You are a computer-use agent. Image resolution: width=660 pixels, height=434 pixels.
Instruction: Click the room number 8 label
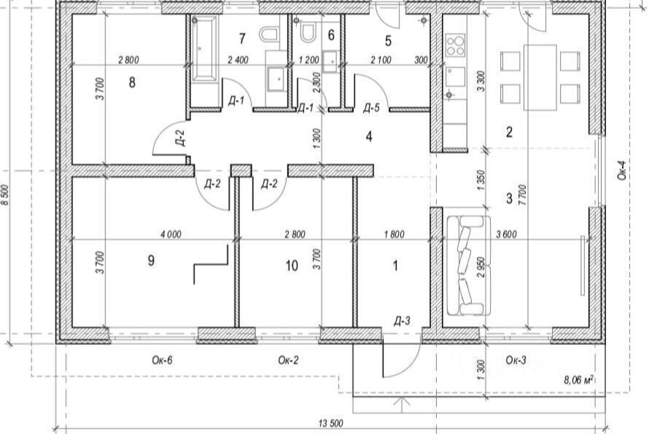click(132, 82)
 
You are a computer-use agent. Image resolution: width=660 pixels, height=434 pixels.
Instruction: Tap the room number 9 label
click(151, 261)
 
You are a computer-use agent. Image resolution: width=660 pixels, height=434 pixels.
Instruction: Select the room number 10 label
click(292, 266)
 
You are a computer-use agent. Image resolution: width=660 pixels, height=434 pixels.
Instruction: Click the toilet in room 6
click(307, 31)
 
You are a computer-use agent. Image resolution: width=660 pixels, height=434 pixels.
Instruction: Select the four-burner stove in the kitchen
click(455, 46)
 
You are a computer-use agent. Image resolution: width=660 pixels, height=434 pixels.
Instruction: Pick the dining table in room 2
click(540, 77)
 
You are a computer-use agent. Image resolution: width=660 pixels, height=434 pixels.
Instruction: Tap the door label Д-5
click(371, 108)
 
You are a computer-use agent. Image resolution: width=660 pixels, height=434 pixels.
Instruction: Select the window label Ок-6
click(162, 360)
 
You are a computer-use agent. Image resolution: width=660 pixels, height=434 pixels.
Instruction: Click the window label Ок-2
click(289, 360)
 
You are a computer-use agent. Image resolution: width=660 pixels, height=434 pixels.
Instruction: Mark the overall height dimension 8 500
click(6, 195)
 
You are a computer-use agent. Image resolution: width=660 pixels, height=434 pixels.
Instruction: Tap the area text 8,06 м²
click(578, 379)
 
